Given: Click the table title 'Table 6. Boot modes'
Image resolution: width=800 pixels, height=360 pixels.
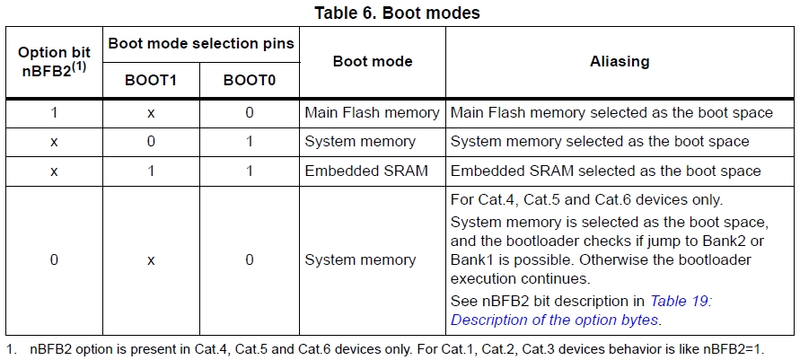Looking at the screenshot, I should (x=397, y=13).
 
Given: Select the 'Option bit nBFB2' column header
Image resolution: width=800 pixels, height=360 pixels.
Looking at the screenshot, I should (x=54, y=60).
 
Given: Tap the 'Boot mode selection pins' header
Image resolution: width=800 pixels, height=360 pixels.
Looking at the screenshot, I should (x=201, y=43).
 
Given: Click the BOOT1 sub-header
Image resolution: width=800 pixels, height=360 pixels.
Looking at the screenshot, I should (x=151, y=81).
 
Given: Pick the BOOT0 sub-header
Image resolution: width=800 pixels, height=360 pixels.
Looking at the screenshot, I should (x=249, y=81).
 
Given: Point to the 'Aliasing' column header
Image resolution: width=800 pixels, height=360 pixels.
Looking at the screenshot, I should (x=620, y=62).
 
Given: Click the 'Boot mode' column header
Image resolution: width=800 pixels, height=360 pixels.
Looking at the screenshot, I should (x=373, y=62).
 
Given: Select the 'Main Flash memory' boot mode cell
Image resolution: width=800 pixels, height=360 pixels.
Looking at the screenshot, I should (x=372, y=113).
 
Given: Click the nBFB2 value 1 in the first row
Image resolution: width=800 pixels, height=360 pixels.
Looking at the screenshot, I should (x=54, y=113).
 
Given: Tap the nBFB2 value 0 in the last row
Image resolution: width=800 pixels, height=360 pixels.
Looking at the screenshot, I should (x=54, y=260).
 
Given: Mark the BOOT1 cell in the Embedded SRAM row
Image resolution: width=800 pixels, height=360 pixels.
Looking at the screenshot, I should (x=151, y=171).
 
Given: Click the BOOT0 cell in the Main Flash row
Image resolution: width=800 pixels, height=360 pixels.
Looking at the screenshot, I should (x=249, y=113).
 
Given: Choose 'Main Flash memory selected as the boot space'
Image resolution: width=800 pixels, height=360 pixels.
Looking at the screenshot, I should (x=611, y=113).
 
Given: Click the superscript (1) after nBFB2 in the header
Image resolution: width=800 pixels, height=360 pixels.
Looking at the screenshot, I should (x=80, y=65).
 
